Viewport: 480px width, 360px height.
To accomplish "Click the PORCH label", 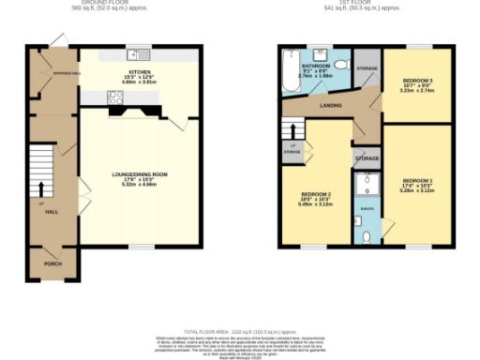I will click(x=52, y=264).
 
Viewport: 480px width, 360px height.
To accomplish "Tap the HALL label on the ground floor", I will click(x=52, y=213).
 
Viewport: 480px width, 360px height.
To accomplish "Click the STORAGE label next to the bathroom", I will click(x=367, y=68).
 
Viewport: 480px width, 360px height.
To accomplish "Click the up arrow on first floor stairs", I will click(x=292, y=131).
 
